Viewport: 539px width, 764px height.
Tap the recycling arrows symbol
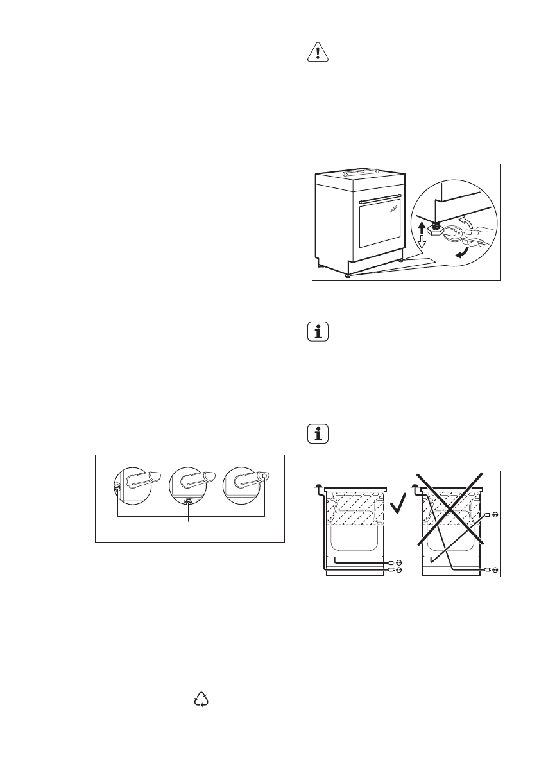(x=202, y=700)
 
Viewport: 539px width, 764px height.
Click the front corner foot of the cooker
(x=348, y=276)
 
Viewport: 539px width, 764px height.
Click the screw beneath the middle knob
(x=188, y=502)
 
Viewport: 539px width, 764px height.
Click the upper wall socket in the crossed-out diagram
(x=492, y=514)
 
